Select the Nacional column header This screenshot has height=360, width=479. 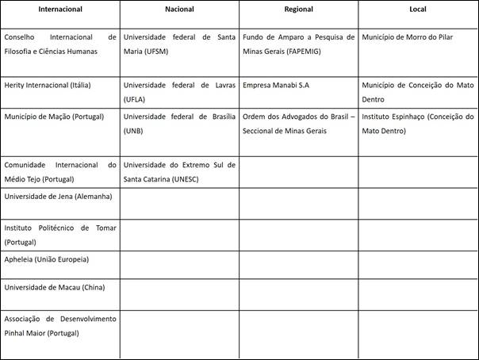pos(179,10)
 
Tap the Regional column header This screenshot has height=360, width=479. pos(298,10)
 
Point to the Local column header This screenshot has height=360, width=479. pos(417,10)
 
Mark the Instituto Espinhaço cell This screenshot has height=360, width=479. pos(417,123)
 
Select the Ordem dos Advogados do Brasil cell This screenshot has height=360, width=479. pos(298,123)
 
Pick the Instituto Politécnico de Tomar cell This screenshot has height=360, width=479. pos(60,234)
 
